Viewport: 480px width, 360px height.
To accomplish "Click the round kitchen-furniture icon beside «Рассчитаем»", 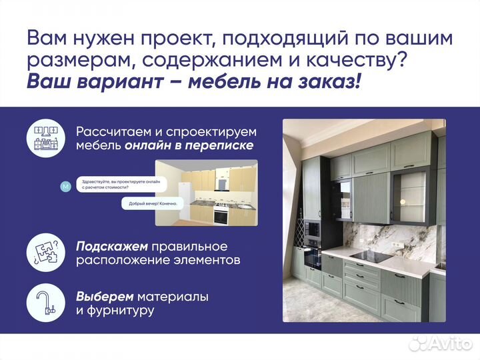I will (45, 139).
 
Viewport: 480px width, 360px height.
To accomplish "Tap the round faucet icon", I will (45, 302).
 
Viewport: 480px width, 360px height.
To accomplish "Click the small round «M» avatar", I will (65, 187).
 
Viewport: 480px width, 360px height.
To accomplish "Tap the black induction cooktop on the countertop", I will (371, 256).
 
